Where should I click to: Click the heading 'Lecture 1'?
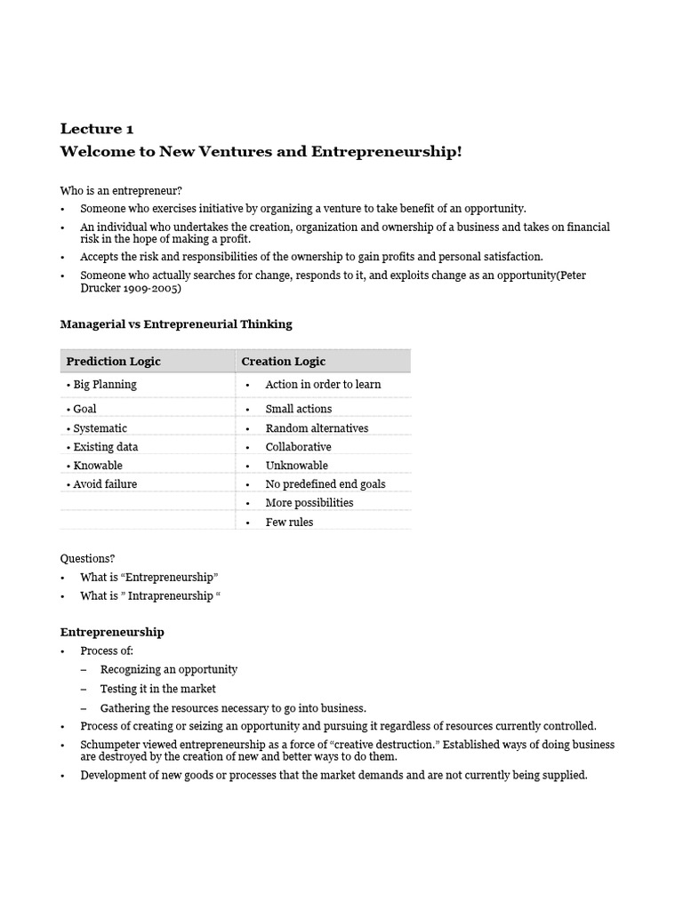click(97, 128)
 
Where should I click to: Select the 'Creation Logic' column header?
click(283, 361)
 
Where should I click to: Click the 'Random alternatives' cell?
click(317, 427)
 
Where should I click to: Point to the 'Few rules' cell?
click(289, 522)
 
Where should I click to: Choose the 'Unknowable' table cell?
click(296, 465)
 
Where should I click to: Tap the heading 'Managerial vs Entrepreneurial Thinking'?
click(175, 324)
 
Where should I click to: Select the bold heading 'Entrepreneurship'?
click(112, 632)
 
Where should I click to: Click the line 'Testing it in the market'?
click(157, 689)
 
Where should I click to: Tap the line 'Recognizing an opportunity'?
click(168, 669)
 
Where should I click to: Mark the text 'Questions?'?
click(87, 558)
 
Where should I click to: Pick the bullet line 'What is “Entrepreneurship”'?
click(149, 577)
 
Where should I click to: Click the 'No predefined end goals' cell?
click(325, 484)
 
